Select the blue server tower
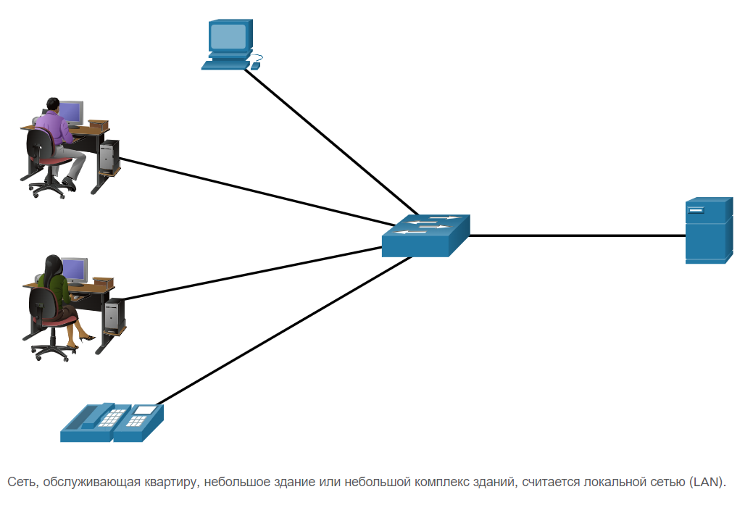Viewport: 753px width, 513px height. [x=709, y=230]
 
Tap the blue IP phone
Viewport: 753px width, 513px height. [x=112, y=422]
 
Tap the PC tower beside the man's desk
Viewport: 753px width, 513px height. [x=109, y=154]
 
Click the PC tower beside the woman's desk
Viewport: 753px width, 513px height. [x=113, y=314]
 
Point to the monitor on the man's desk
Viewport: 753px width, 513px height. [x=70, y=112]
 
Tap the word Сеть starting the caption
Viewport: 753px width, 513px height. [x=20, y=483]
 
